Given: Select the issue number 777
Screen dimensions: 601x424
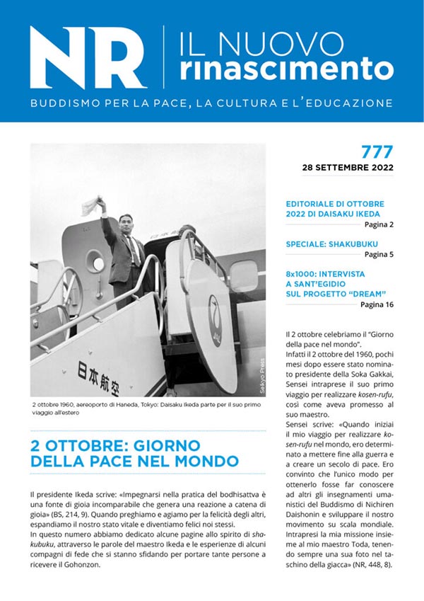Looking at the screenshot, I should pyautogui.click(x=377, y=151).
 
